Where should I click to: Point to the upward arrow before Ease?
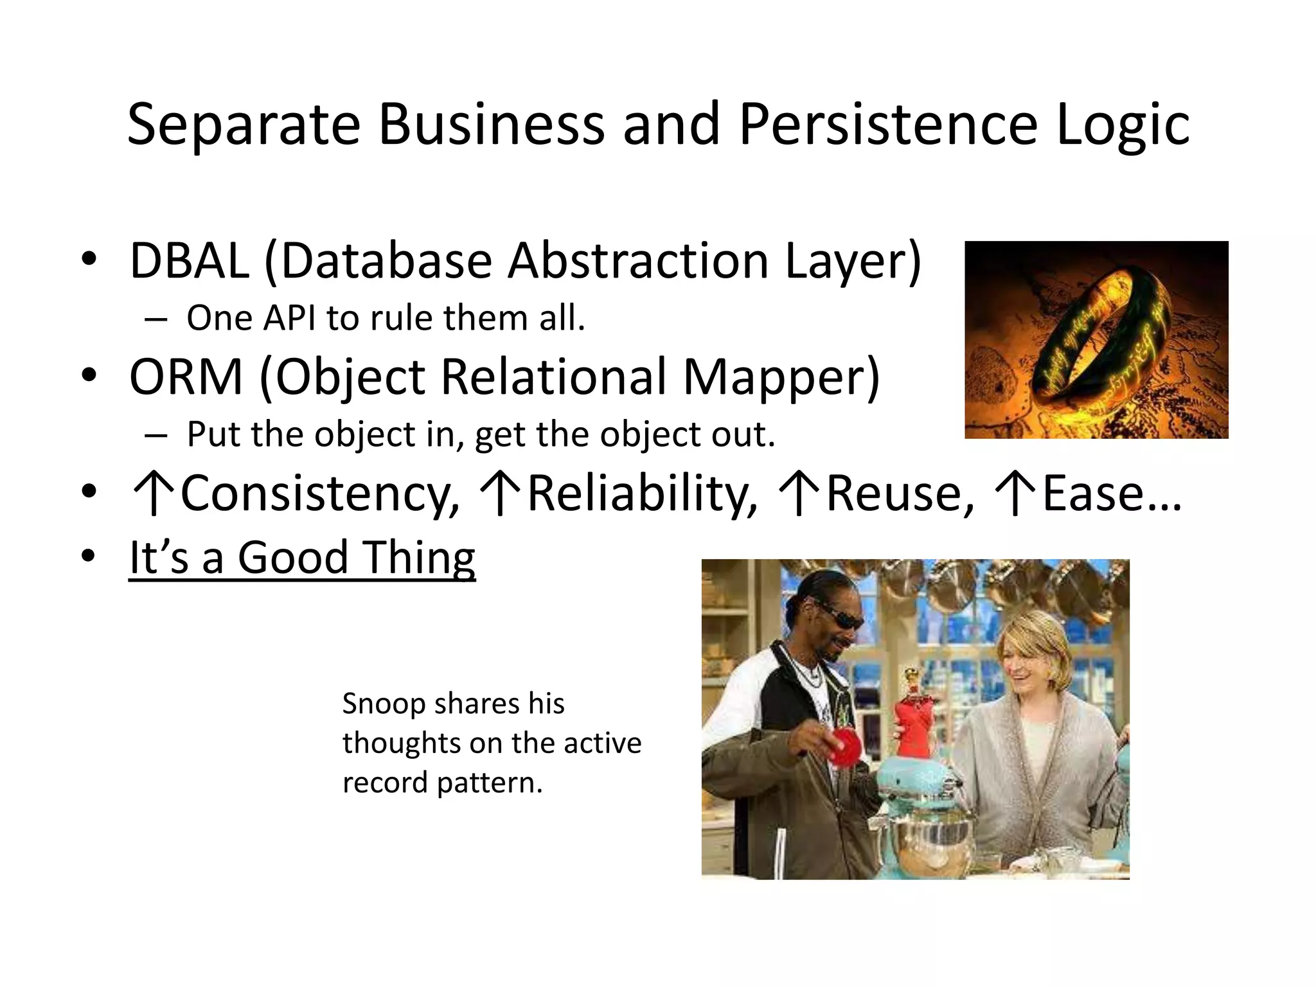1015,493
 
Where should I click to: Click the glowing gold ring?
1099,341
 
